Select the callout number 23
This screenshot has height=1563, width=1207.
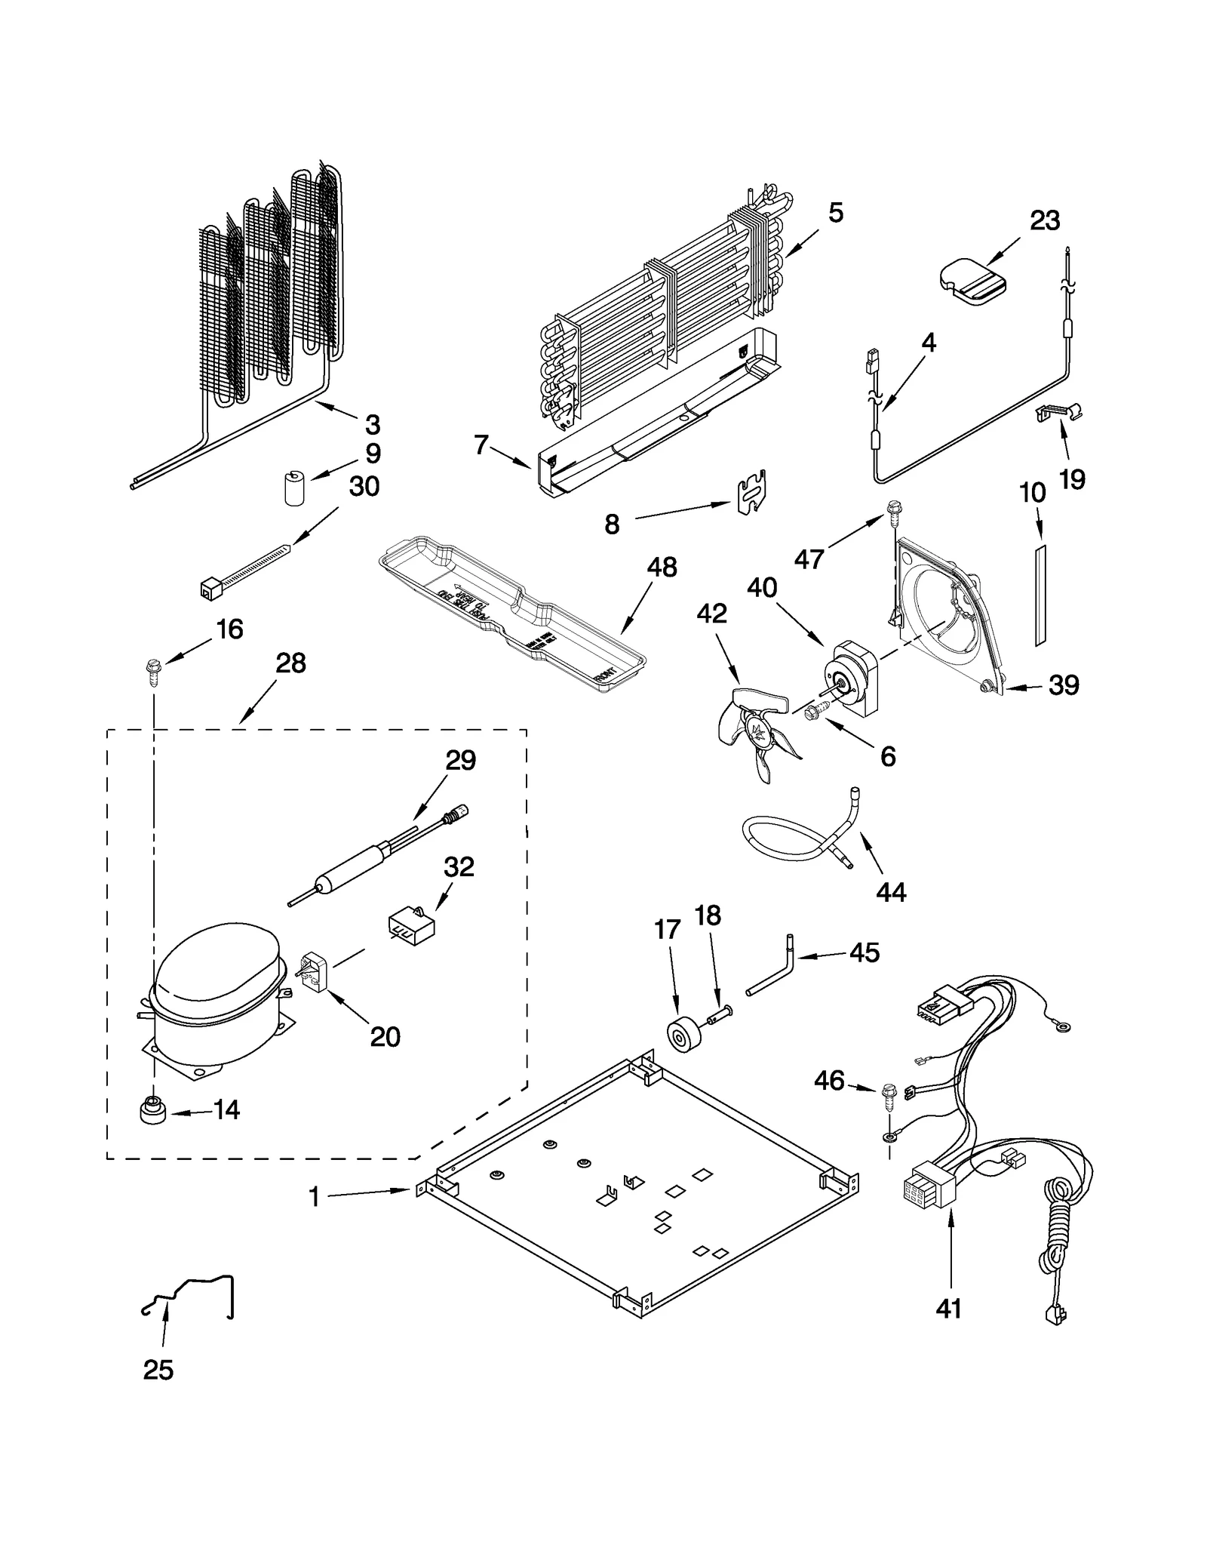[x=1044, y=221]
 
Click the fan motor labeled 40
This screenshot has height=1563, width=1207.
[x=851, y=675]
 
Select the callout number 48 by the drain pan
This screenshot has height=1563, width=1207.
[x=662, y=568]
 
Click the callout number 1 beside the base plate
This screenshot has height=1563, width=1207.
[x=315, y=1197]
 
